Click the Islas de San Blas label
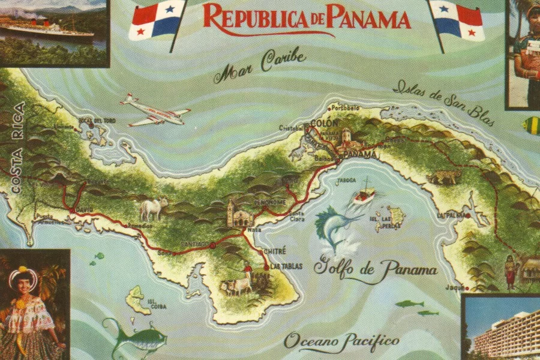click(x=443, y=102)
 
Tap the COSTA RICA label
click(x=17, y=148)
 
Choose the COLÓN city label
click(x=321, y=124)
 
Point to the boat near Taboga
click(x=363, y=194)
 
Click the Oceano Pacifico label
click(x=341, y=341)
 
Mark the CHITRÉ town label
click(x=275, y=251)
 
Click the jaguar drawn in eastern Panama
click(x=445, y=176)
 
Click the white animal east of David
click(x=153, y=208)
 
